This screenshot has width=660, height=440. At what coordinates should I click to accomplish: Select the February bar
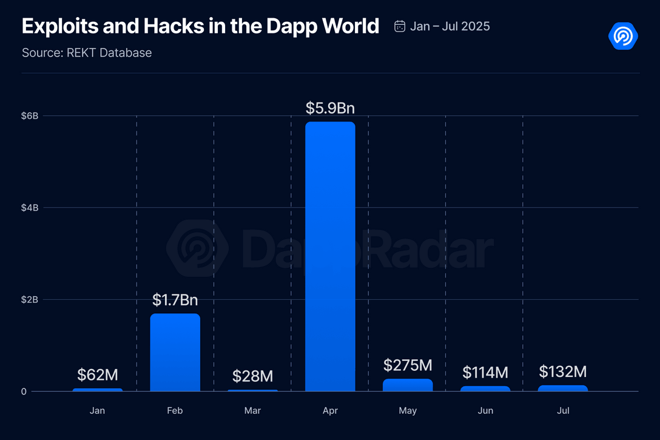coord(175,352)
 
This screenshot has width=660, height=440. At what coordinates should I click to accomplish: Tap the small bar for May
coord(408,385)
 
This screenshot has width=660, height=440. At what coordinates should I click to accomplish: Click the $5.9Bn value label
coord(330,109)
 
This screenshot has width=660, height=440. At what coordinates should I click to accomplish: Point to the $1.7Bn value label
coord(175,300)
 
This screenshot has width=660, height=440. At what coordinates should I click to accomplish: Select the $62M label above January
coord(97,375)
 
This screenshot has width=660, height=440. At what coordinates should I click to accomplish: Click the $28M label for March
coord(252,376)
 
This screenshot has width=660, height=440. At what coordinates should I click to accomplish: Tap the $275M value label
coord(408,365)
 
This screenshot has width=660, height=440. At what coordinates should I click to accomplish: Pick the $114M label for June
coord(485,372)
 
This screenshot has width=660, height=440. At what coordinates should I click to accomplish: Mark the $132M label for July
coord(563,371)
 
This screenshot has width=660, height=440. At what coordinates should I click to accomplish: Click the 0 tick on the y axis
coord(24,391)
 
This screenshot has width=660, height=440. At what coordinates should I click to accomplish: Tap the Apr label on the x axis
coord(330,411)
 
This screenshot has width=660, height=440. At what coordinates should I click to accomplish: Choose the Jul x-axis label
coord(563,411)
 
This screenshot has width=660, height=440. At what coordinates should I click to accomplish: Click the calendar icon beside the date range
coord(400,26)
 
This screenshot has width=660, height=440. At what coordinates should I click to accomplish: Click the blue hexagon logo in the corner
coord(623,36)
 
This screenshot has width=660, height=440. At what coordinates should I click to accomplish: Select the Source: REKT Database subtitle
coord(87,53)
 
